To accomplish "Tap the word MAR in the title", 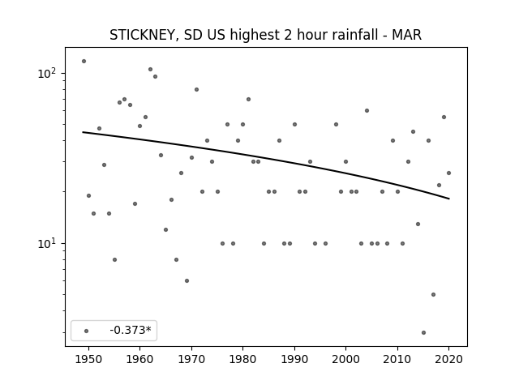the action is [x=407, y=35].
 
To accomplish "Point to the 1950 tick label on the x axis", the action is [x=88, y=359].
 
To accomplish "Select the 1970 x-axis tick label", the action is [x=191, y=359].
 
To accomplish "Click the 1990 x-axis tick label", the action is [x=294, y=359].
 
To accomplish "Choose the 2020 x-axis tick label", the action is [x=448, y=359].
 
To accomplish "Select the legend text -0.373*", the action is [x=131, y=330].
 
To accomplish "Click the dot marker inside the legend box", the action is [x=87, y=331].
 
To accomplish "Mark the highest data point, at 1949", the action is [x=84, y=62].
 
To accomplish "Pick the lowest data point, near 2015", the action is [x=423, y=333].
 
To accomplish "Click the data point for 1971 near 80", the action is [x=196, y=90].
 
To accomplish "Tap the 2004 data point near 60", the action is [x=367, y=111].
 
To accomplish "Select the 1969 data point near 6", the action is [x=187, y=281].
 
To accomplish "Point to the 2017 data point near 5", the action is [x=433, y=295].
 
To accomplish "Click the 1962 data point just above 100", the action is [x=150, y=70].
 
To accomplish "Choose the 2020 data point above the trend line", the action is [x=448, y=173].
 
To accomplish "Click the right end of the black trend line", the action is [x=449, y=199].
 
